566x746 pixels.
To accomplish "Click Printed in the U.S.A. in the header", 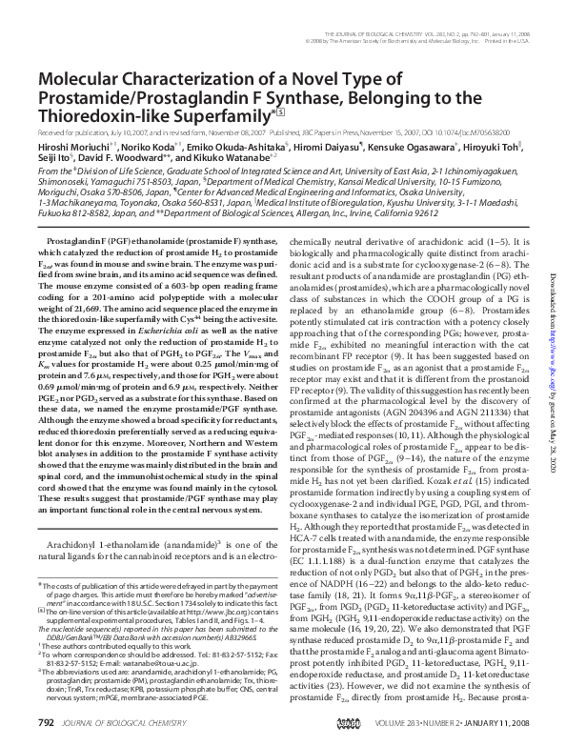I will point(508,40).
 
